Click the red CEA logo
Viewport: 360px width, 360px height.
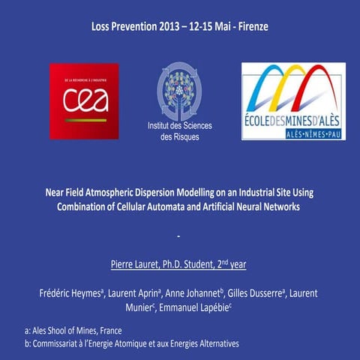(x=84, y=100)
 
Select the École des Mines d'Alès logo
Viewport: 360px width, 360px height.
(x=293, y=100)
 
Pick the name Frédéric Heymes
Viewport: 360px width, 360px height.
(x=71, y=294)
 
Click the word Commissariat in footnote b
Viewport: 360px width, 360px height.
(x=61, y=343)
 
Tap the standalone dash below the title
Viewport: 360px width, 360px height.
(x=180, y=238)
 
